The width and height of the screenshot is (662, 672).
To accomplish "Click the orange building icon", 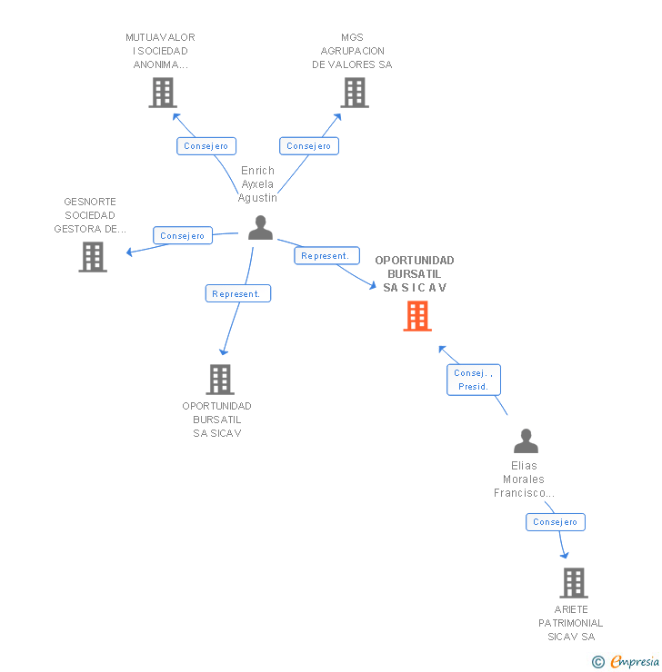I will [x=417, y=316].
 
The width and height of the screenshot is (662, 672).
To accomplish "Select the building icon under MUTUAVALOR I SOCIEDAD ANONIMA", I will [x=163, y=93].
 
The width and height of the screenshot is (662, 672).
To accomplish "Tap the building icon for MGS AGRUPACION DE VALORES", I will [x=355, y=93].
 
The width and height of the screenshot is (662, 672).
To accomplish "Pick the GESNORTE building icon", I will [x=93, y=257].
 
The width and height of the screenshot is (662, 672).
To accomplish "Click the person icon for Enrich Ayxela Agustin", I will [x=260, y=228].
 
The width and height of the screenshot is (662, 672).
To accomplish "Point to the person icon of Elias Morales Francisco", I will [x=526, y=441].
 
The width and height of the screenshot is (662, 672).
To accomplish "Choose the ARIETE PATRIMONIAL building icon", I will [x=573, y=583].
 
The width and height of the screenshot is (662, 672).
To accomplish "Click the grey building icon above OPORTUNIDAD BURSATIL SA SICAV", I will [x=219, y=380].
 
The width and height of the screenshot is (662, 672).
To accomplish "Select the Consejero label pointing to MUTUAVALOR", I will [x=206, y=146].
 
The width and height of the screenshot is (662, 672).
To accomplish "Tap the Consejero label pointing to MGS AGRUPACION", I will [x=309, y=146].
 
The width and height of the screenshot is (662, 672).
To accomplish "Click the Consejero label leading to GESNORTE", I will [x=183, y=236].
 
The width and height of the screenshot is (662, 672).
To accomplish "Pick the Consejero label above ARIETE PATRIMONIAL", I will [x=556, y=522].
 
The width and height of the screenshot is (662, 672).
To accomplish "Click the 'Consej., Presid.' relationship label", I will [x=474, y=380].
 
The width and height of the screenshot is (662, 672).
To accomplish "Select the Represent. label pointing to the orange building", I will [x=325, y=256].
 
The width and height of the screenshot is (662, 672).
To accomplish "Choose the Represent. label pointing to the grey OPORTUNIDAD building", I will [x=236, y=293].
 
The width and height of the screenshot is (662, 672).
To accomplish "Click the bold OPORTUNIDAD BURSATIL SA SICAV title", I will [x=415, y=274].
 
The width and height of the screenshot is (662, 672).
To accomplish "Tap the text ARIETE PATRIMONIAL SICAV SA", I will [x=570, y=623].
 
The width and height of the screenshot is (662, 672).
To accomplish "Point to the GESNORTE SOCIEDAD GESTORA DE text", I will [x=90, y=215].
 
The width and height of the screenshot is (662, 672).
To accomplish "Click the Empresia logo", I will [x=627, y=661].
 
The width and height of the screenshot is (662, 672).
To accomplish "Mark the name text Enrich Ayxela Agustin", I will [x=257, y=183].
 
